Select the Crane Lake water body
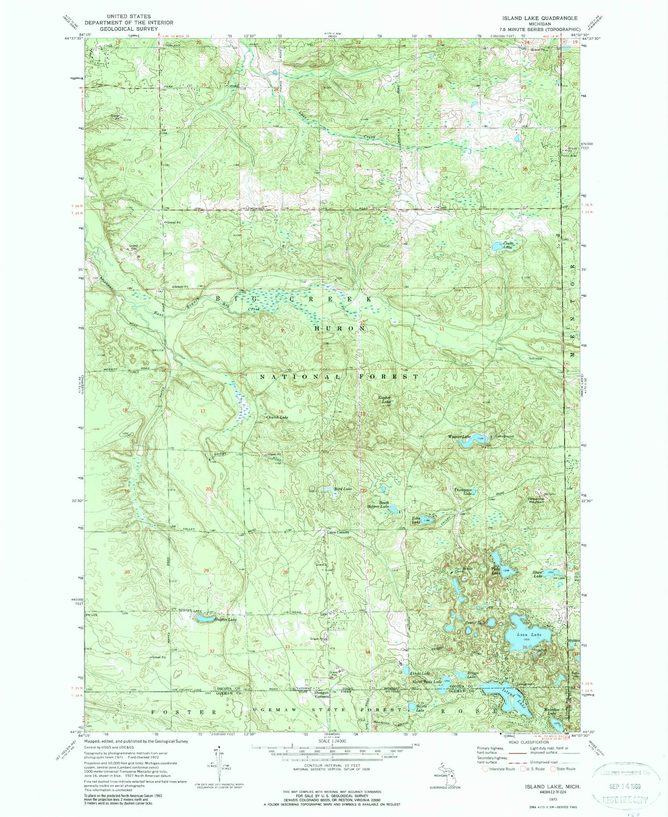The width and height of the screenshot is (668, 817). coord(499,247)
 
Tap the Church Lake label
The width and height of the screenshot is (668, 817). coord(276,417)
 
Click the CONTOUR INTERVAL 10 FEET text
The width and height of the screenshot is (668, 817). coord(332,770)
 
